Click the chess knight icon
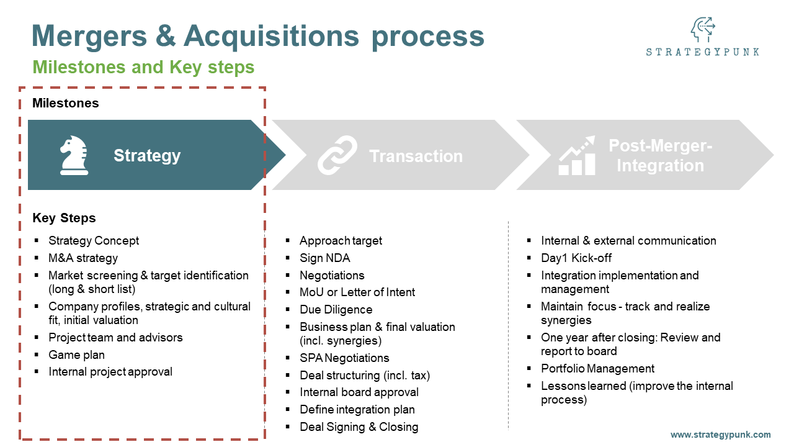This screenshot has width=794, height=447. click(x=74, y=155)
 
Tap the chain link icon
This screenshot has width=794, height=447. click(x=337, y=155)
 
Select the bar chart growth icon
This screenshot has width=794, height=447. click(x=577, y=155)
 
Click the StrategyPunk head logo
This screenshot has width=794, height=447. click(x=702, y=29)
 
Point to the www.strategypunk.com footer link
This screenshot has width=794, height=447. click(x=720, y=435)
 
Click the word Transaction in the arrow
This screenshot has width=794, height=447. click(x=416, y=156)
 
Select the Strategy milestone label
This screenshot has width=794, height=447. click(x=147, y=155)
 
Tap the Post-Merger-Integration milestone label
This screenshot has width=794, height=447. click(x=660, y=156)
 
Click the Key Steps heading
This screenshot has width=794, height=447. click(x=64, y=218)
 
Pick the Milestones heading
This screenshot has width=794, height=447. click(x=65, y=103)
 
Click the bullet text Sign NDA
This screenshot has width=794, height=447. click(x=324, y=258)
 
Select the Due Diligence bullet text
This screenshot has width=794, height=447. click(x=336, y=309)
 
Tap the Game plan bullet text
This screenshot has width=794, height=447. click(x=76, y=354)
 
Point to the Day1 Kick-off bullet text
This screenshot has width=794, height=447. click(x=576, y=258)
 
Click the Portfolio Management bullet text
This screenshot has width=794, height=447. click(x=597, y=368)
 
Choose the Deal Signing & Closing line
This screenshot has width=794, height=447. click(x=359, y=427)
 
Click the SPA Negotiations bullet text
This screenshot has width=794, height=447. click(x=344, y=358)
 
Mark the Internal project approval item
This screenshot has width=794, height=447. click(x=110, y=372)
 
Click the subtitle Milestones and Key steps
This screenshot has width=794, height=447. click(x=143, y=67)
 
